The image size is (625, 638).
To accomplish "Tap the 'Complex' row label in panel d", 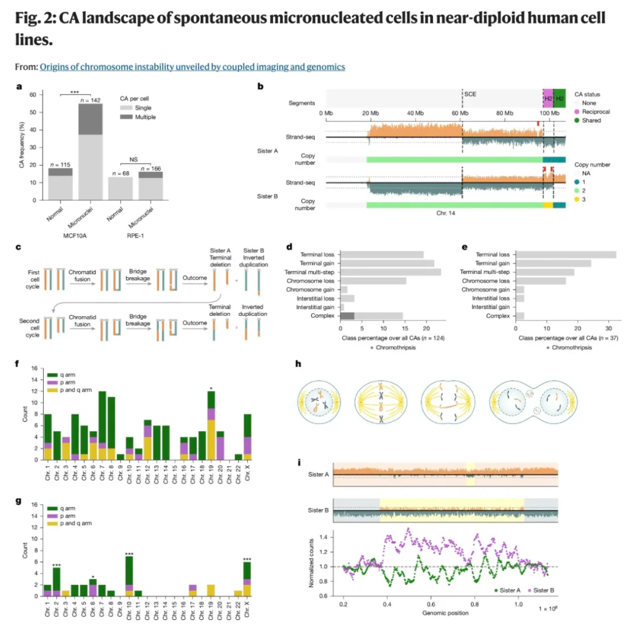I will (x=322, y=316).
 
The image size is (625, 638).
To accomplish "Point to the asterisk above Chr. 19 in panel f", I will (x=212, y=386).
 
